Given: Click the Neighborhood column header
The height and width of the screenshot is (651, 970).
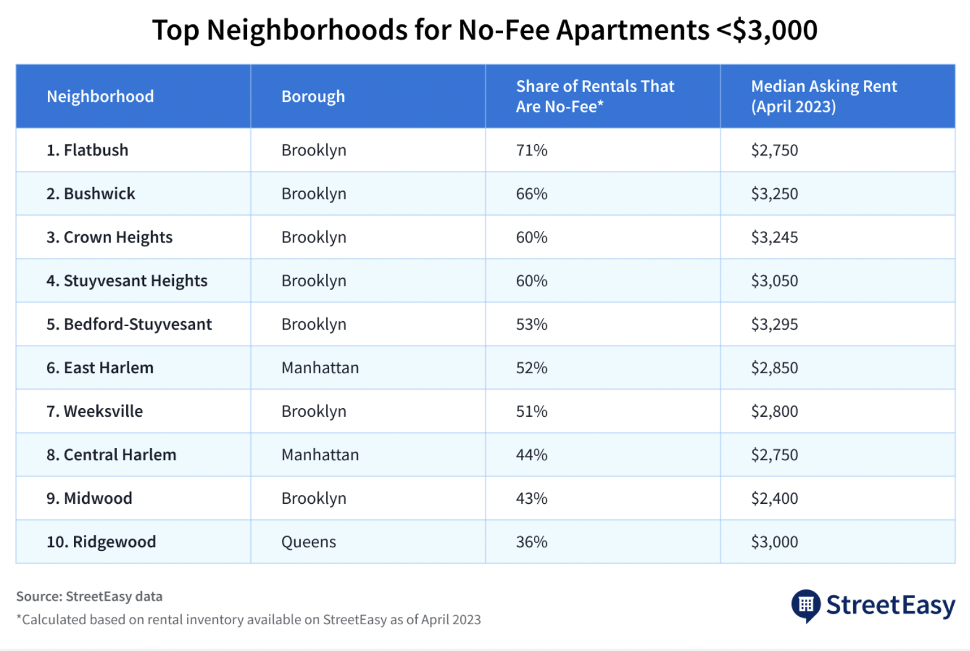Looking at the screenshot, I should point(100,96).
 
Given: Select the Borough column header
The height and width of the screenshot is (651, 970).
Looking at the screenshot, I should point(313,96).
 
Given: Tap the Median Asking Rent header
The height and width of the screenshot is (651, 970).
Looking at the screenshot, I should point(823,96).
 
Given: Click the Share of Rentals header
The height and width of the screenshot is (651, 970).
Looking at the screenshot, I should point(594,96).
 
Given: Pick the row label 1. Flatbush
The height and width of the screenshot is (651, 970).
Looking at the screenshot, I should point(88,150).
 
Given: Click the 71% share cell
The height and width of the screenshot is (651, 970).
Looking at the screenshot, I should point(532,150).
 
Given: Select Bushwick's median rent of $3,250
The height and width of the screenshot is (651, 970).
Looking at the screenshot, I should point(774,194).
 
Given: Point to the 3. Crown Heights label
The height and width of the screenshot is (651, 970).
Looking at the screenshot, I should point(109,237).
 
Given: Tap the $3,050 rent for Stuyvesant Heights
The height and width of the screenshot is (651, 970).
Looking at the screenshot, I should point(774,281).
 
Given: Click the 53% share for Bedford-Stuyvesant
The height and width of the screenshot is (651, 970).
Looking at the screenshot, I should point(532,324).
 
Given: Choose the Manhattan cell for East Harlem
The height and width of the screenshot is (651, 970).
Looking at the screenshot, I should point(320,368).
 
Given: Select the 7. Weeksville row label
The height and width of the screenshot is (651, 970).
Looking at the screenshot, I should point(94,411).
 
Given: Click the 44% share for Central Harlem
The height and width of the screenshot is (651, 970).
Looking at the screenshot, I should point(532,455).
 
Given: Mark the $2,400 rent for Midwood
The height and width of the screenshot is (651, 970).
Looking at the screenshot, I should point(774,498).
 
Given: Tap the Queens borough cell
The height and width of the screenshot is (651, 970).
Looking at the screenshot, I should point(309,542).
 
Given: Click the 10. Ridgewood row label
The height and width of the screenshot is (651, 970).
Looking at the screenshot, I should point(101,542).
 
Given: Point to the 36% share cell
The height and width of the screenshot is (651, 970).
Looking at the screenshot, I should point(532,542).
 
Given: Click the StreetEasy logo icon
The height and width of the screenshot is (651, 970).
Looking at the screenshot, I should point(805,605).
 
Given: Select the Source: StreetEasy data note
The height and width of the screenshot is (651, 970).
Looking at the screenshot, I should point(89,596).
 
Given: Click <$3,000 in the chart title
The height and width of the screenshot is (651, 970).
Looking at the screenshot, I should point(767,30).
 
